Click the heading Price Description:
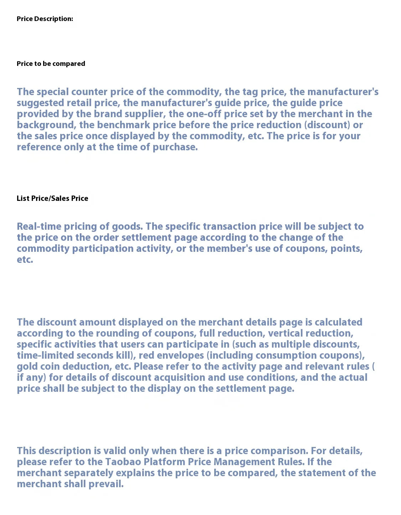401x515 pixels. coord(45,19)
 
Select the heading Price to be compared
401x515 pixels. coord(51,64)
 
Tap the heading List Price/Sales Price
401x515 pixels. coord(52,198)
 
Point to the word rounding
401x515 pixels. coord(117,333)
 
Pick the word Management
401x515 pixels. coord(244,462)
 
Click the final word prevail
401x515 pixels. coord(106,484)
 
